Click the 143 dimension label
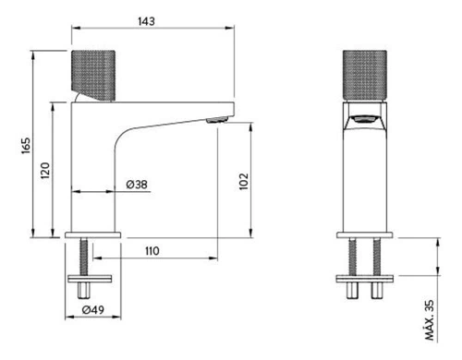coord(146,21)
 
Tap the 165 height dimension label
coord(27,146)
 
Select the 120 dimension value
coord(45,171)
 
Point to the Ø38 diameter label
coord(137,185)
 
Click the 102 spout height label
coord(244,181)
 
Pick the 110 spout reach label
coord(152,251)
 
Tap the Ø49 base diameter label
coord(93,309)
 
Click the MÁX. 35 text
coord(429,320)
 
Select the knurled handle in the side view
coord(93,76)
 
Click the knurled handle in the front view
coord(365,76)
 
